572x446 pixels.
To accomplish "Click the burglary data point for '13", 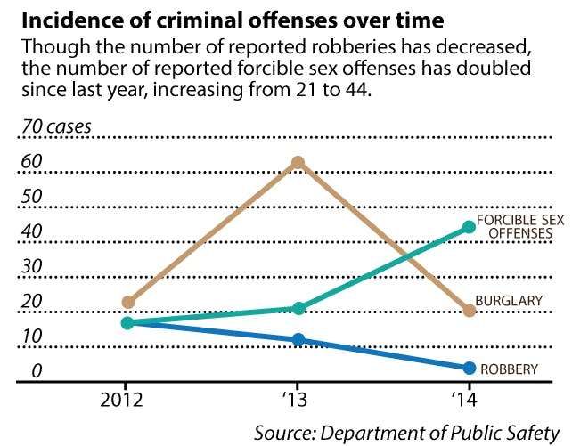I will click(298, 163).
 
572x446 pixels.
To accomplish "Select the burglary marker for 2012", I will click(128, 303).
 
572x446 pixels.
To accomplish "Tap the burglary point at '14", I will click(470, 310).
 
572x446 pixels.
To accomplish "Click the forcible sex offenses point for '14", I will click(470, 227).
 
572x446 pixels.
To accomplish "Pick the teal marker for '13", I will click(298, 308).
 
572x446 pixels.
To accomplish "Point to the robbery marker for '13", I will click(298, 339).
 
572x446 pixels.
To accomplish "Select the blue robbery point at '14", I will click(470, 367).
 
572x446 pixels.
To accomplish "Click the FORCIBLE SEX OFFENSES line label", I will click(519, 227).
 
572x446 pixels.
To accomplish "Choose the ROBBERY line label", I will click(509, 368).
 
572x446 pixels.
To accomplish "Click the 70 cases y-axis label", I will click(56, 126).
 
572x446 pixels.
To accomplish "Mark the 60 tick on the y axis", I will click(33, 161).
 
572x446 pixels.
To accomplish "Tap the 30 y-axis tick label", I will click(33, 266).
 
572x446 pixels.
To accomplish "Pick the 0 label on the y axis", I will click(37, 371).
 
